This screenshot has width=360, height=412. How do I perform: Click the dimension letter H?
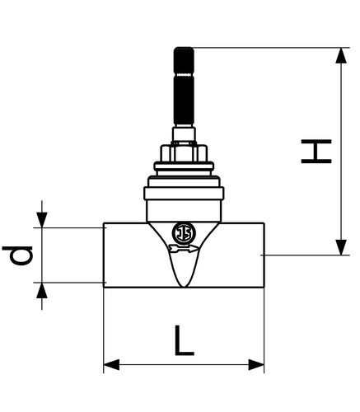[316, 152]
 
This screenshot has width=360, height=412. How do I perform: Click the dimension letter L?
[184, 340]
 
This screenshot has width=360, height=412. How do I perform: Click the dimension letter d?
[17, 255]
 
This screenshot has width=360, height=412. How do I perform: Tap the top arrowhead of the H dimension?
[341, 55]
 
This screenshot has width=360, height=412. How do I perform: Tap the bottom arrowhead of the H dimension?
[341, 247]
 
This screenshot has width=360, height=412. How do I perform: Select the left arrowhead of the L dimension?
[111, 365]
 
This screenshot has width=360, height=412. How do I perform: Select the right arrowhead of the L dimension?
[256, 365]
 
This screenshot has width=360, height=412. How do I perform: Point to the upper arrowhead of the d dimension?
[42, 220]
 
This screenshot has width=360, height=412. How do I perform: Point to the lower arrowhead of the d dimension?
[42, 290]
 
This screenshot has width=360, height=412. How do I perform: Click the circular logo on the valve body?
[185, 233]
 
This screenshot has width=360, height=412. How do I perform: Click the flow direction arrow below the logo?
[184, 248]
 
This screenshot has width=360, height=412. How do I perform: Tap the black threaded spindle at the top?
[184, 87]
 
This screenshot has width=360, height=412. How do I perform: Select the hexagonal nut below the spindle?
[184, 153]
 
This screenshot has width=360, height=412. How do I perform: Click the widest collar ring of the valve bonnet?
[184, 193]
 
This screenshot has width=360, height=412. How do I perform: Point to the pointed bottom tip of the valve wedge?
[184, 287]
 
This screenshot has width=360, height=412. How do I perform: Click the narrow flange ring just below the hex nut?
[184, 166]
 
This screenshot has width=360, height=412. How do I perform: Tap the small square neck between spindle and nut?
[184, 134]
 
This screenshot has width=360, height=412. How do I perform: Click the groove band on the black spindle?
[184, 74]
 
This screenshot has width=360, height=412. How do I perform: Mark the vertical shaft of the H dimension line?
[341, 152]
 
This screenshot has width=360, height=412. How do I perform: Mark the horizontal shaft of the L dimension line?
[184, 365]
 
